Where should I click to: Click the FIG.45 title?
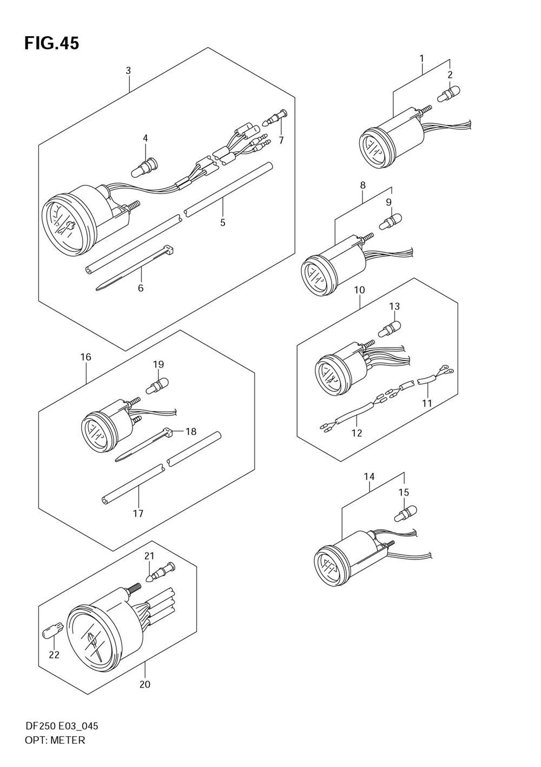click(51, 43)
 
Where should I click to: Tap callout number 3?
click(128, 71)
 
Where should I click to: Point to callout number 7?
click(281, 141)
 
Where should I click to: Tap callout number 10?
click(360, 290)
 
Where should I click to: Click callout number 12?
click(357, 433)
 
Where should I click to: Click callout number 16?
click(86, 357)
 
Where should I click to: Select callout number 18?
click(190, 431)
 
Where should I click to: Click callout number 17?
click(138, 513)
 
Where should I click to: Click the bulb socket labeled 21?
click(161, 572)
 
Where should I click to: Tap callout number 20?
click(144, 684)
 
